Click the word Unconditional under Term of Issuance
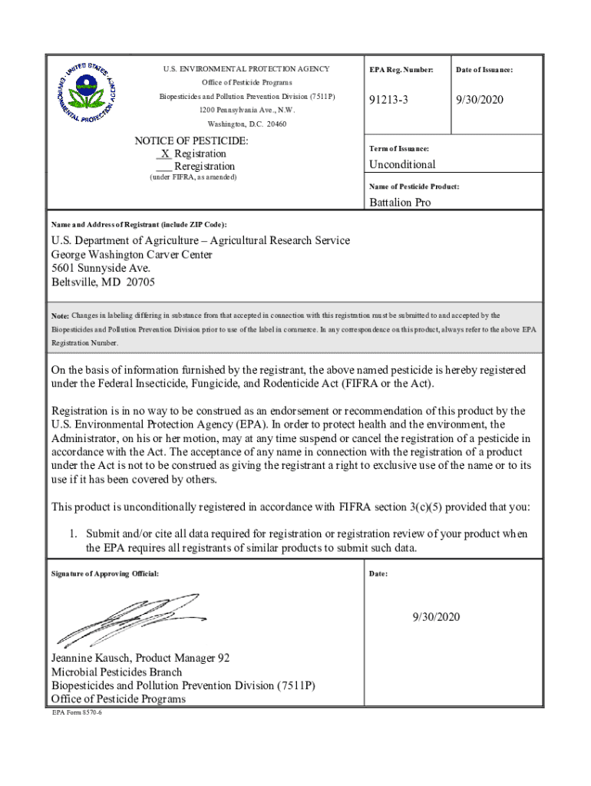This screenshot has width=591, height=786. [402, 164]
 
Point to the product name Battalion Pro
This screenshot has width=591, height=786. [400, 203]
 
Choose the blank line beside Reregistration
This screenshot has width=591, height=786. [163, 167]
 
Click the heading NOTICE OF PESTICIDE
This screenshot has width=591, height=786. [191, 141]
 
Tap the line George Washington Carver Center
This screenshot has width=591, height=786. [131, 255]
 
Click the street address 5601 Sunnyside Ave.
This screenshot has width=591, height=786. [101, 269]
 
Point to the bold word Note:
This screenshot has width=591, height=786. [60, 316]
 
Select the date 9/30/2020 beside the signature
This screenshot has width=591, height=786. [435, 616]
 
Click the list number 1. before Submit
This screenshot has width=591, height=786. [74, 533]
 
